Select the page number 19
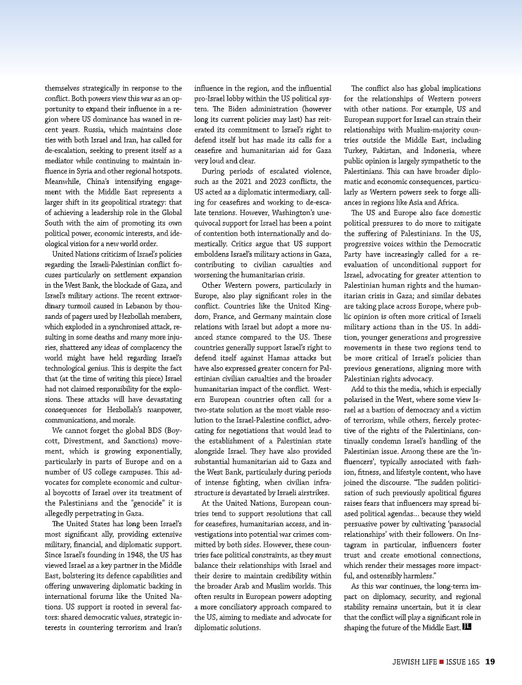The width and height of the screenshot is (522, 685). coord(490,662)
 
